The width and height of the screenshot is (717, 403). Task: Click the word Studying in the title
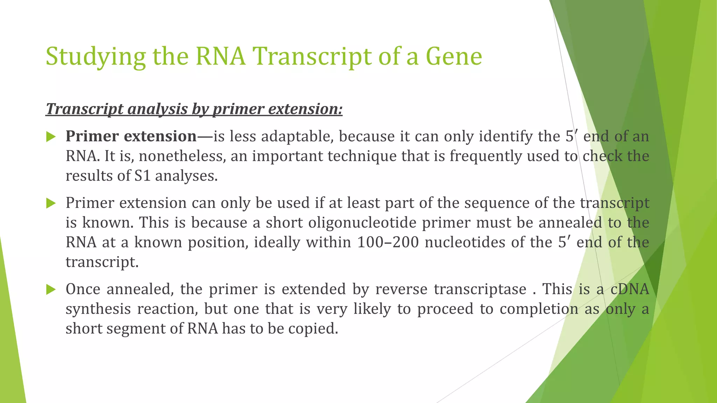pyautogui.click(x=96, y=57)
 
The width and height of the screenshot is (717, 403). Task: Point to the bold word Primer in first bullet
pyautogui.click(x=92, y=136)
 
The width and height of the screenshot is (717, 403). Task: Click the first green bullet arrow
pyautogui.click(x=51, y=137)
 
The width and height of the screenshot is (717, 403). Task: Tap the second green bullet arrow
pyautogui.click(x=51, y=203)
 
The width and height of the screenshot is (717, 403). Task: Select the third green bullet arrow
pyautogui.click(x=51, y=290)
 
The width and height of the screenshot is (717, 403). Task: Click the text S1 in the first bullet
pyautogui.click(x=142, y=176)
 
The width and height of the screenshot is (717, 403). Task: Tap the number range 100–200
pyautogui.click(x=388, y=242)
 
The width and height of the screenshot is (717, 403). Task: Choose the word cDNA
pyautogui.click(x=629, y=290)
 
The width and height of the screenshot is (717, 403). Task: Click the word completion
pyautogui.click(x=539, y=309)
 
